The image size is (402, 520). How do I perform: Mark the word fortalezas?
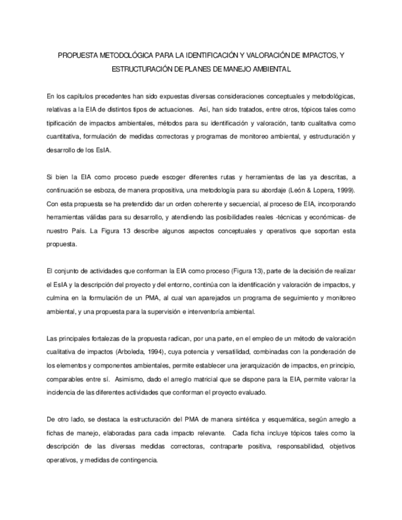99,338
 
